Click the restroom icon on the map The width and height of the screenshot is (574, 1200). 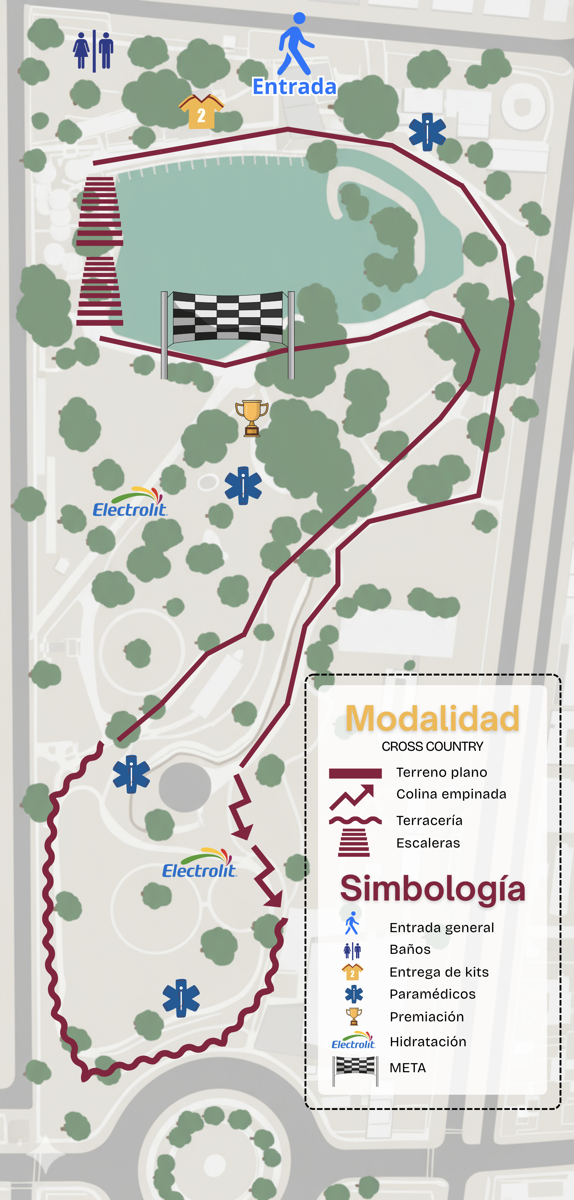point(93,51)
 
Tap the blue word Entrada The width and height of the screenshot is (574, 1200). point(294,87)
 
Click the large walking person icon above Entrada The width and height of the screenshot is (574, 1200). point(296,44)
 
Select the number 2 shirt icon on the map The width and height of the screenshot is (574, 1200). point(201,112)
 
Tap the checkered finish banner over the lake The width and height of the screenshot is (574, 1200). point(228,318)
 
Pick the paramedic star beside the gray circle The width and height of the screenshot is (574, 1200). point(131,774)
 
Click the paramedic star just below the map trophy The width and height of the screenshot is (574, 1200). point(243,485)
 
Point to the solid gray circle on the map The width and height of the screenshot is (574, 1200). point(185,787)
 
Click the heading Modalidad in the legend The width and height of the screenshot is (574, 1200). point(432,718)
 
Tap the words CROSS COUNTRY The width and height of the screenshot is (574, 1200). point(432,746)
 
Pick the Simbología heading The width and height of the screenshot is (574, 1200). point(432,888)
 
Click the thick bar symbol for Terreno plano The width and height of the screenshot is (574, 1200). point(355,773)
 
